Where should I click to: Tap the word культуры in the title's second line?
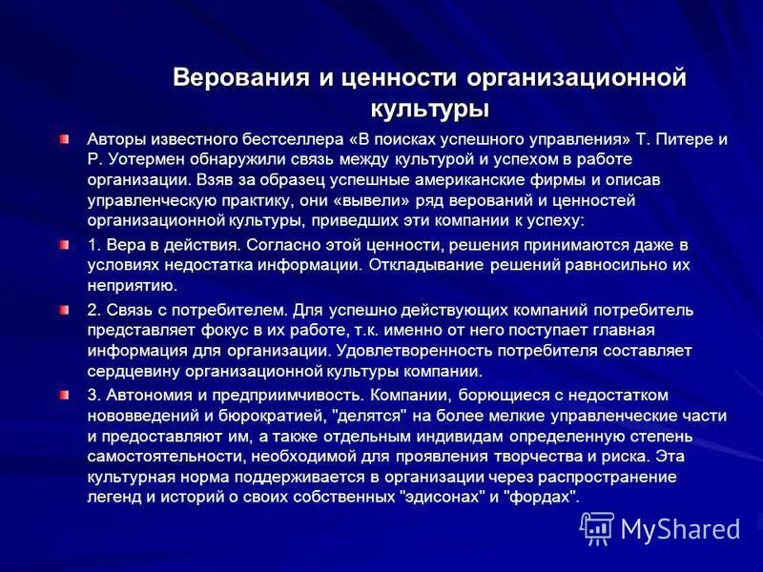click(429, 107)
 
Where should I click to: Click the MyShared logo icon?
click(597, 528)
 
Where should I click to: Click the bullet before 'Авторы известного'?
click(63, 139)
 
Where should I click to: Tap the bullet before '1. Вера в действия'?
click(63, 245)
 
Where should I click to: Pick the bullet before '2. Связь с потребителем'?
click(63, 310)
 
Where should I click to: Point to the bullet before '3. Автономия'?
click(63, 394)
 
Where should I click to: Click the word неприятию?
click(130, 285)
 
